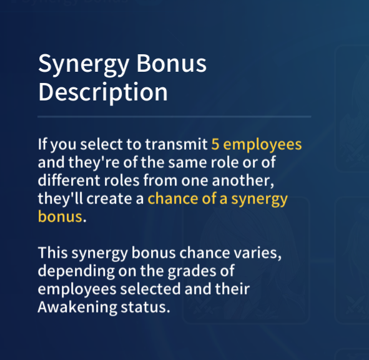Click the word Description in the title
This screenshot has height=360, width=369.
click(103, 92)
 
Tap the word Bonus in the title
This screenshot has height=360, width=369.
click(171, 63)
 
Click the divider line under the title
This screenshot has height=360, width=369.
click(174, 117)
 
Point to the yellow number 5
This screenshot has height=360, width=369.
click(215, 144)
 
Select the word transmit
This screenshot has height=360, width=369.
click(176, 144)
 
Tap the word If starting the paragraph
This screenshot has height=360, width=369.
click(42, 144)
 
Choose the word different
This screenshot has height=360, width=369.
click(69, 180)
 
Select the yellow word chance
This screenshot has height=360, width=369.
click(172, 198)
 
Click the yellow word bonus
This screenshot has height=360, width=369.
click(60, 216)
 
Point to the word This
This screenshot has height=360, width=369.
click(52, 253)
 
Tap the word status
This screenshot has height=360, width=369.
click(145, 308)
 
